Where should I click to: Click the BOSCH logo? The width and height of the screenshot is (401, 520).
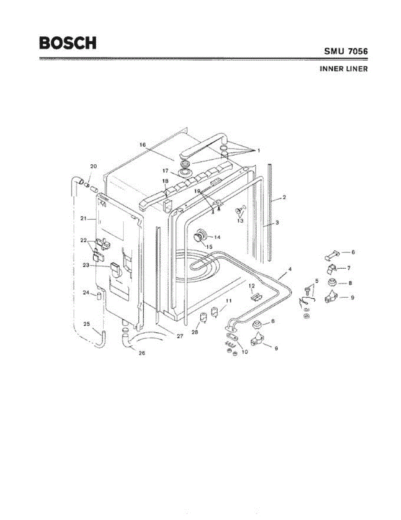67,43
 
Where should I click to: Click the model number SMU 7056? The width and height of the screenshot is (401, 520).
346,51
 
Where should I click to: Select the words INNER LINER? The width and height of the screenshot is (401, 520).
343,69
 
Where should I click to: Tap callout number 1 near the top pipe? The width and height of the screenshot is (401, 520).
258,150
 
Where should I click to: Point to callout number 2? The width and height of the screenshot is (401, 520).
284,198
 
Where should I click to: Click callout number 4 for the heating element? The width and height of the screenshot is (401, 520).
290,269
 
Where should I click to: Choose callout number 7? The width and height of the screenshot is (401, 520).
349,268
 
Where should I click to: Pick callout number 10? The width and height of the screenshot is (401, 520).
245,352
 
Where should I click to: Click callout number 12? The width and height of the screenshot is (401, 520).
251,286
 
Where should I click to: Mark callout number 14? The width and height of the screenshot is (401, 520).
217,237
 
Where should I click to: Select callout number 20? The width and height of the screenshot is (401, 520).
93,166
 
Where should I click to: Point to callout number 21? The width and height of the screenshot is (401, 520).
84,219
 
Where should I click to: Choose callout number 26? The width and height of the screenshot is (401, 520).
141,353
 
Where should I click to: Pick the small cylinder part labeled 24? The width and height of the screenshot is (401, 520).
98,296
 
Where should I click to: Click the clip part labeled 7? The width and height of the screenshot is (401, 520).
332,270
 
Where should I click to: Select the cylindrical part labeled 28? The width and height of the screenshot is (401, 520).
202,320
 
